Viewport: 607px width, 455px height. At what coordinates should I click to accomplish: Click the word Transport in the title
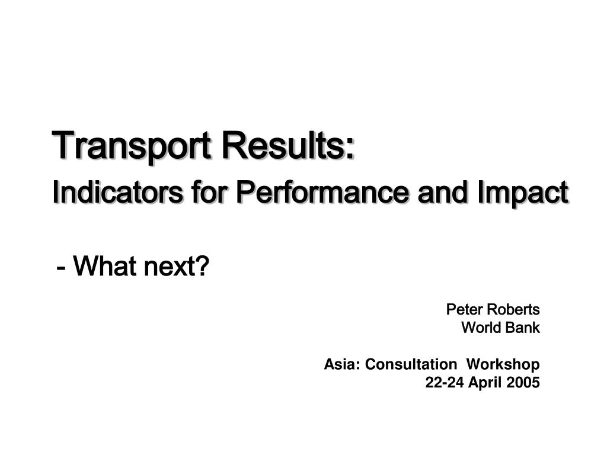pos(132,147)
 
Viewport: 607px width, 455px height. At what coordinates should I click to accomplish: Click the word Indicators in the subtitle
pos(118,192)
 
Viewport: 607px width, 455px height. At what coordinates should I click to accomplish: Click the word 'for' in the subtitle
pos(209,192)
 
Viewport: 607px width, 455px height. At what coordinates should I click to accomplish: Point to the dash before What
pos(60,268)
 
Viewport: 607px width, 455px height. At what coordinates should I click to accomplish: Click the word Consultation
pos(411,364)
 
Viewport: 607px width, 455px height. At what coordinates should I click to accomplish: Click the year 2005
pos(523,383)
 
